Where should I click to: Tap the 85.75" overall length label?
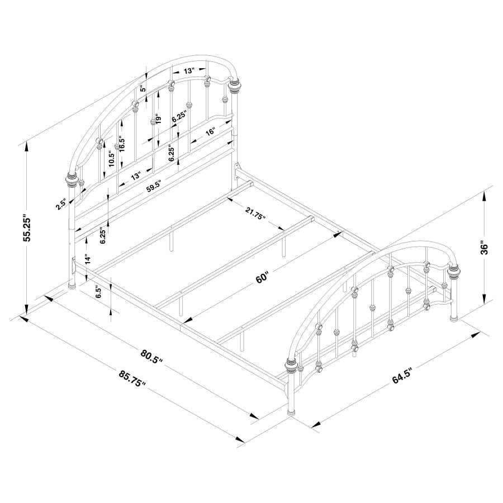(132, 379)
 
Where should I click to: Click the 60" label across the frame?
(263, 277)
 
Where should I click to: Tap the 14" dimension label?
(87, 259)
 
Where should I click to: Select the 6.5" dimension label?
(98, 292)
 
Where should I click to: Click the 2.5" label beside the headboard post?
(61, 205)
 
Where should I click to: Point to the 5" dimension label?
(143, 89)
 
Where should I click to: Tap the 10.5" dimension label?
(111, 159)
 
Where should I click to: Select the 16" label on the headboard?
(210, 132)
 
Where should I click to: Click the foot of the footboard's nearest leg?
(292, 412)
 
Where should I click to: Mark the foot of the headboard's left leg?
(72, 286)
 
